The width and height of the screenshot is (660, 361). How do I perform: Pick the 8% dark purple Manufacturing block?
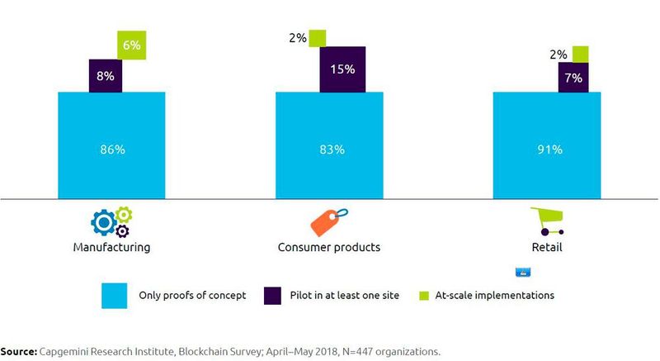point(105,75)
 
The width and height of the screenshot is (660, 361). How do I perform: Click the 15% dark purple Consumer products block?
point(342,69)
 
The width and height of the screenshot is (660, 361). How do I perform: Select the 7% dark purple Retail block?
point(573,78)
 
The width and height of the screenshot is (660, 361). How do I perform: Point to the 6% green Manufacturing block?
point(131,46)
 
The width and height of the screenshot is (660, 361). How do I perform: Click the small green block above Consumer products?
point(318,38)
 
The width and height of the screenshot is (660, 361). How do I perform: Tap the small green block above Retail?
point(580,55)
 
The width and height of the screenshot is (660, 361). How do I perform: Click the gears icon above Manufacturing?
point(111,222)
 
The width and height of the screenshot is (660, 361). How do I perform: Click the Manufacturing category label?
point(111,246)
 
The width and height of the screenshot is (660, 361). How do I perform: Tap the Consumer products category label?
point(329,246)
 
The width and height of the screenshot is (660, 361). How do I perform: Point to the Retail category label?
point(546,246)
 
